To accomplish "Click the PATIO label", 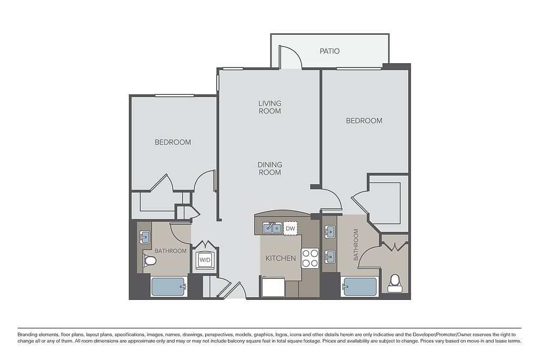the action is click(x=330, y=51).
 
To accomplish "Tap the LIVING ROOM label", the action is click(x=270, y=107).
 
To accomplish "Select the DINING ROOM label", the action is click(x=270, y=168).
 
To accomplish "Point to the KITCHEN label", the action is click(x=281, y=258).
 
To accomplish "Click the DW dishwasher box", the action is click(x=291, y=228).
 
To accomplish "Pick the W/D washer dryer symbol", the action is click(x=205, y=260).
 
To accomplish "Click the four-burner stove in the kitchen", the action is click(x=310, y=258).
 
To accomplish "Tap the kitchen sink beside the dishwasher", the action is click(x=272, y=228).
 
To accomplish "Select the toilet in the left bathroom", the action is click(x=149, y=261).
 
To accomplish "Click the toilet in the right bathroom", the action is click(x=395, y=283).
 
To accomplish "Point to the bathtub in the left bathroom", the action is click(x=169, y=287).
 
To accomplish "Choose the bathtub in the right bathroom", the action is click(x=359, y=287).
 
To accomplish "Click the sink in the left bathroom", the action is click(x=144, y=237).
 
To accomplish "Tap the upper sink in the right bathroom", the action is click(x=330, y=232).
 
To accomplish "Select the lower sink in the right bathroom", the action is click(x=330, y=256).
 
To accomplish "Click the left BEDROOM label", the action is click(x=173, y=142).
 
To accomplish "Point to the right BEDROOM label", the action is click(x=364, y=121).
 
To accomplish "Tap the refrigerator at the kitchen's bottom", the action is click(x=273, y=287).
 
